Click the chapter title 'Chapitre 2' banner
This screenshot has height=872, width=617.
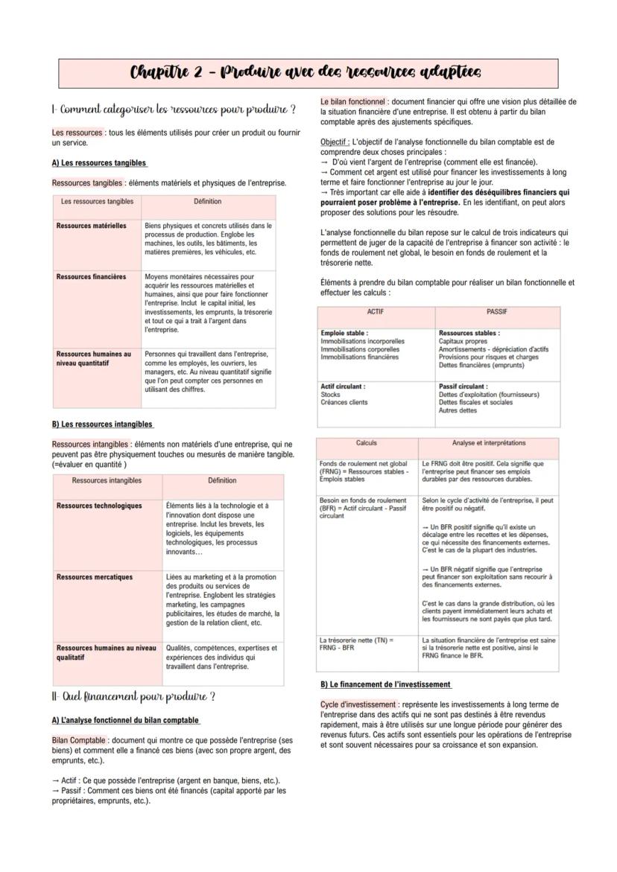[x=307, y=72]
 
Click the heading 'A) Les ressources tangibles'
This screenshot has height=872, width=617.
[x=99, y=162]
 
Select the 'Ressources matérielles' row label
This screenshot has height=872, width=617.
[x=92, y=226]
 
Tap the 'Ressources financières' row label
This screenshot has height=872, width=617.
[x=92, y=277]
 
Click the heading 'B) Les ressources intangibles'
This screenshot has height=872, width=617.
[x=102, y=424]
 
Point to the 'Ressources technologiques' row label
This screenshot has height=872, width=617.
[x=99, y=506]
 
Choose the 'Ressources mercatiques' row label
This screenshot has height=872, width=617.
[x=95, y=577]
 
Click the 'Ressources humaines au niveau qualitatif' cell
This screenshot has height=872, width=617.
[x=107, y=653]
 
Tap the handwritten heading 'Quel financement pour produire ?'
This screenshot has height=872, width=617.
[x=134, y=697]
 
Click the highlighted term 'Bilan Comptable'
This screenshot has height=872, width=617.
[x=78, y=740]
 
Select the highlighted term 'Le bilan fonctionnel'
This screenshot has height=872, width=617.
[x=353, y=102]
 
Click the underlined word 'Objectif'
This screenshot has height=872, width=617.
[x=335, y=141]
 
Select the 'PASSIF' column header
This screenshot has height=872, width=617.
[x=497, y=311]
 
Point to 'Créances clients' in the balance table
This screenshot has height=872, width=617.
[x=344, y=403]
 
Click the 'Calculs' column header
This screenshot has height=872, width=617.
[x=367, y=443]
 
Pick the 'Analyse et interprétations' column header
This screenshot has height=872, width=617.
[x=488, y=443]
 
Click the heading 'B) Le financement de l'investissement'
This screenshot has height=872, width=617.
[x=385, y=684]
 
